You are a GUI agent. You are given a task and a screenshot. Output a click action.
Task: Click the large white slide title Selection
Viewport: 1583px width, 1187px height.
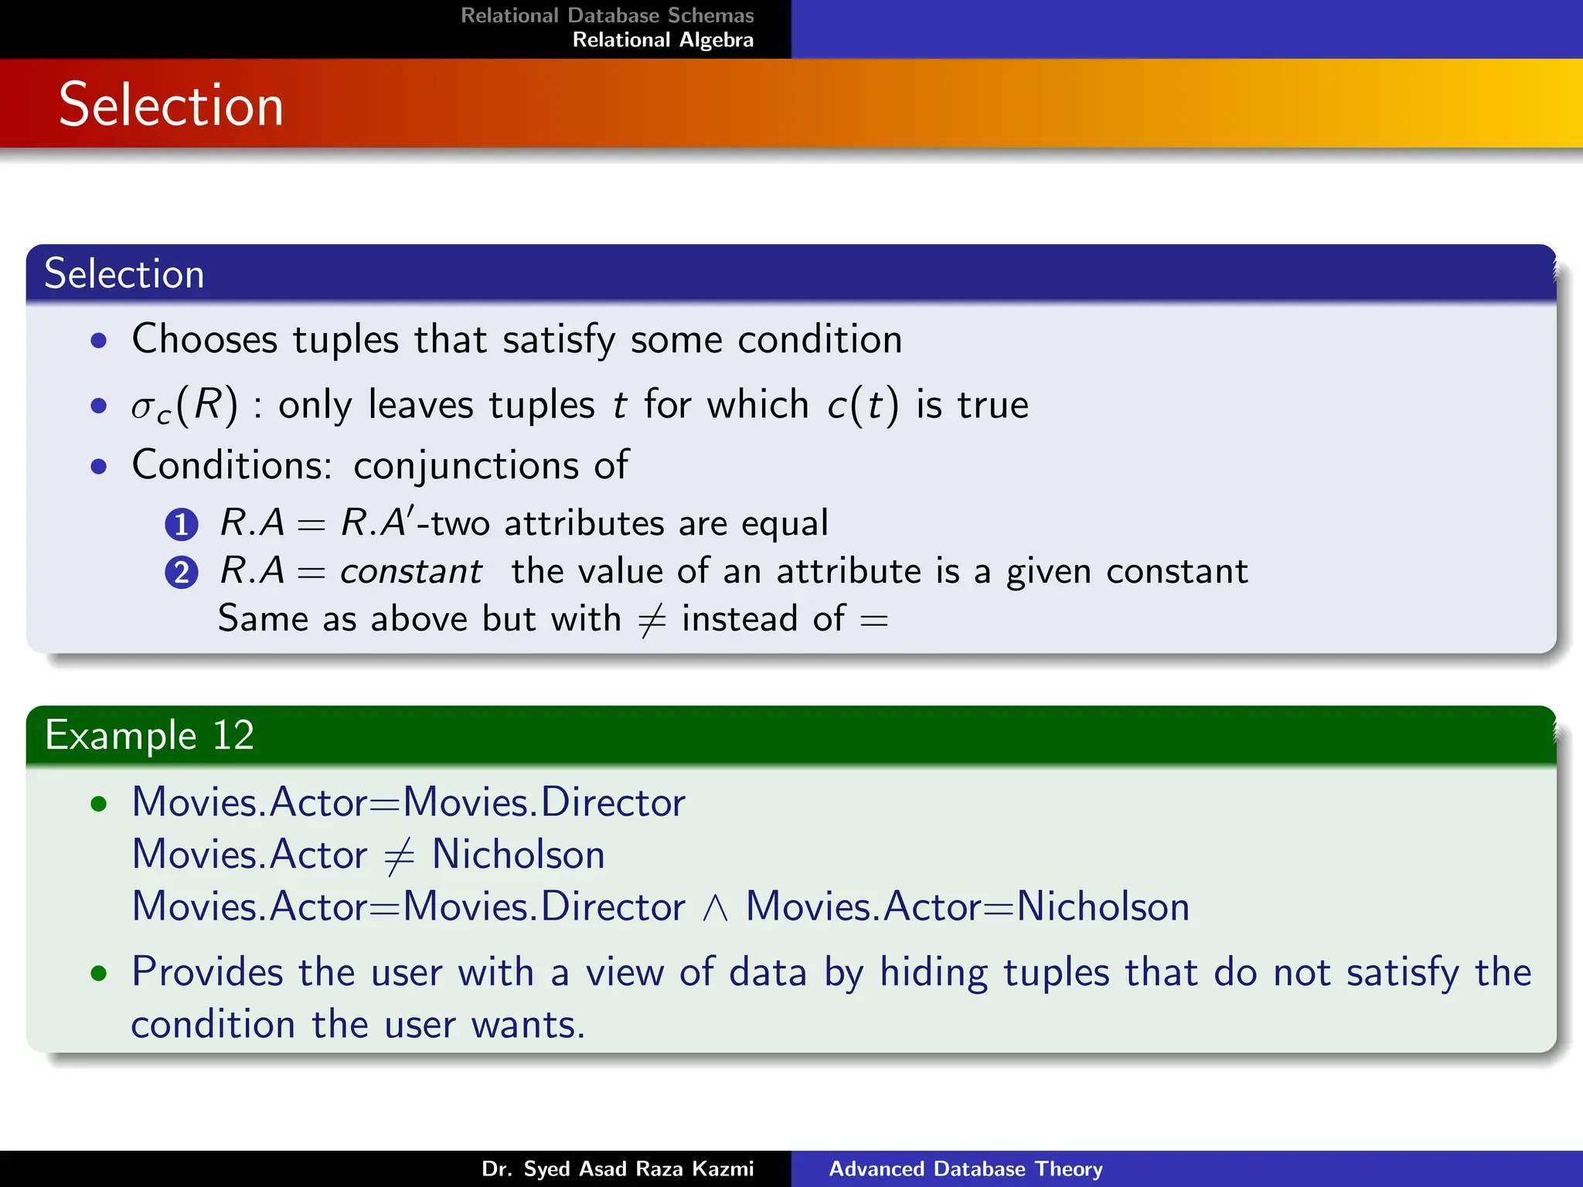tap(171, 105)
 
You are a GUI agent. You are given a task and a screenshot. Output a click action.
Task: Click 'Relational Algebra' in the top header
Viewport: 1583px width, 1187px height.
tap(662, 40)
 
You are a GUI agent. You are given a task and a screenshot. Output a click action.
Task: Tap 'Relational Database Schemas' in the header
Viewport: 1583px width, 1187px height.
tap(607, 15)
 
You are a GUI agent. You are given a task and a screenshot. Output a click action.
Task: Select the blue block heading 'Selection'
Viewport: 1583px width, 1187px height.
tap(124, 274)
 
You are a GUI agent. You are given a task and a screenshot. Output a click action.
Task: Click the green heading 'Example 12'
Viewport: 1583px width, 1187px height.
tap(149, 735)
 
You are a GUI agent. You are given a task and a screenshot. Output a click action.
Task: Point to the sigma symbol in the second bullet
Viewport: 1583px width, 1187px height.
tap(144, 406)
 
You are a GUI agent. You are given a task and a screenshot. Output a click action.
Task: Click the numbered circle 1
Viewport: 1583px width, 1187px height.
tap(182, 525)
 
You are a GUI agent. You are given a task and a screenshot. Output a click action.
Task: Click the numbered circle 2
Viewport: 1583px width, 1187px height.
tap(182, 573)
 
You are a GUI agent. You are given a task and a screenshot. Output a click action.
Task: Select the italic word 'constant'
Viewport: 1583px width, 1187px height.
tap(410, 572)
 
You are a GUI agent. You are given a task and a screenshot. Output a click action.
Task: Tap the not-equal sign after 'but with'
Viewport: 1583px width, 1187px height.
tap(652, 620)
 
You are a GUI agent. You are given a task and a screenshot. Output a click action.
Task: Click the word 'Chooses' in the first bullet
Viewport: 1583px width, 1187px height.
tap(205, 339)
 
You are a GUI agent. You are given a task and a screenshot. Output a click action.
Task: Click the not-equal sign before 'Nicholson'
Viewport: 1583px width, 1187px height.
tap(399, 856)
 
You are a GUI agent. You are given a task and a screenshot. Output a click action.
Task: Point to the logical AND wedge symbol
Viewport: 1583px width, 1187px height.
tap(715, 908)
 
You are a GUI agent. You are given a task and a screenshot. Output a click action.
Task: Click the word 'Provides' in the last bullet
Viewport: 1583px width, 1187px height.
tap(207, 972)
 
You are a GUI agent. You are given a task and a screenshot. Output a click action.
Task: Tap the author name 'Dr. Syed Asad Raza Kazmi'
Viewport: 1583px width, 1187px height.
tap(617, 1168)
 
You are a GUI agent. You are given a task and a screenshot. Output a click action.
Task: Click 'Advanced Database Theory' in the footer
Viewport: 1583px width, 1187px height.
tap(965, 1168)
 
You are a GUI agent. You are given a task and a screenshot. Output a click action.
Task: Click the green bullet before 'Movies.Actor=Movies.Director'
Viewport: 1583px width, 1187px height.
tap(98, 804)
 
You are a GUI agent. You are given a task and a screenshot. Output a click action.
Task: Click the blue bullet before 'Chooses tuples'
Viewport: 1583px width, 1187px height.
tap(98, 340)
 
